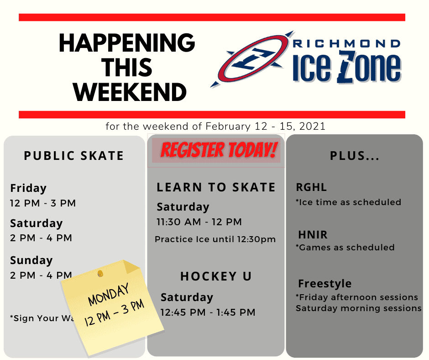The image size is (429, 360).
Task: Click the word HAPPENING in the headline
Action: pos(127,43)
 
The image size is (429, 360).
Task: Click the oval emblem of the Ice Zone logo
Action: pos(252,59)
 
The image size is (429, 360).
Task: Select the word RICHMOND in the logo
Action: pos(347,44)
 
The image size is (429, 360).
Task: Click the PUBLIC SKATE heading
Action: pos(74,156)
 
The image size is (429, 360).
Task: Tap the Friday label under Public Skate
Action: pos(28,188)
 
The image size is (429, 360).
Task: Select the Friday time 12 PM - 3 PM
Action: pos(43,203)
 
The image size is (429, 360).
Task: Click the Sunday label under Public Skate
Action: pos(31,260)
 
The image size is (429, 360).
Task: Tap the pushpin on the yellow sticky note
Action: pos(100,273)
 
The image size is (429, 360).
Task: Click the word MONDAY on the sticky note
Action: pos(108,295)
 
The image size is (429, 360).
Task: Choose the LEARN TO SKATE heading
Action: pos(216,187)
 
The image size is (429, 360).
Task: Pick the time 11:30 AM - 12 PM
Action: pos(199,222)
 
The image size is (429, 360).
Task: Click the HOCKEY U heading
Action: pos(216,276)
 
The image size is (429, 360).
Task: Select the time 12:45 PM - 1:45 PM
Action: pos(208,312)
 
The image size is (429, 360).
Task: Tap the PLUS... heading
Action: pos(355,156)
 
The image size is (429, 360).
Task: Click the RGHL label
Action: pos(311,187)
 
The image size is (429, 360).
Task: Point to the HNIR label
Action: pos(313,235)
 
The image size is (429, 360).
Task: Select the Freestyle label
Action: pos(325,284)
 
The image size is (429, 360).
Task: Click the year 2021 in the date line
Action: pos(312,126)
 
